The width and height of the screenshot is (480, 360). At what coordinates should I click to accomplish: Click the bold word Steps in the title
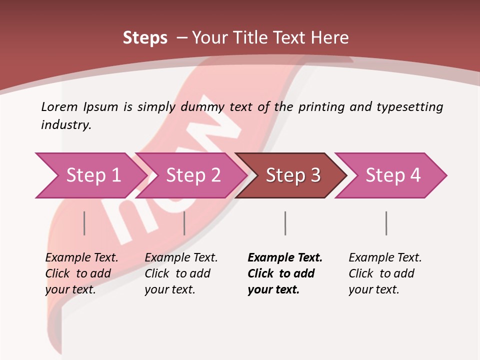145,38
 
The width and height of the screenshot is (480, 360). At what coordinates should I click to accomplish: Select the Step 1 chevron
90,175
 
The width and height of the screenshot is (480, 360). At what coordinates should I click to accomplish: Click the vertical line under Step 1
84,223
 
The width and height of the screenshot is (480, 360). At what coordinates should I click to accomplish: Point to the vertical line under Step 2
184,223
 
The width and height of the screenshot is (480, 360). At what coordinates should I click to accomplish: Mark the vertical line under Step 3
285,223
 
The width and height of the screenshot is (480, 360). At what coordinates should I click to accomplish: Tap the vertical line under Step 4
386,223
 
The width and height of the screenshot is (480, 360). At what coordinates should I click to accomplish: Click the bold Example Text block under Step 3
285,273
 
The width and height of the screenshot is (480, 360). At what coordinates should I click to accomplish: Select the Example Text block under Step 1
81,273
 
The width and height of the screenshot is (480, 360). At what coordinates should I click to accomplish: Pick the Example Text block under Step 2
181,273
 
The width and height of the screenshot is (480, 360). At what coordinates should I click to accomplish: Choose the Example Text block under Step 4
385,273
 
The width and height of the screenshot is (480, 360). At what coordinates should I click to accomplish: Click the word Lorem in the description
59,106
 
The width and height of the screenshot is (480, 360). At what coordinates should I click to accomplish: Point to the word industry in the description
66,125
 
